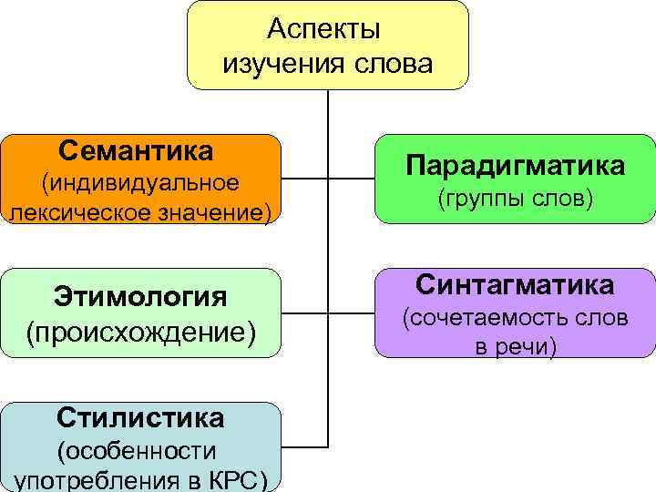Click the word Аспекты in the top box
[x=324, y=30]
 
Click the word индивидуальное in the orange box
[x=141, y=182]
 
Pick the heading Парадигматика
[x=515, y=166]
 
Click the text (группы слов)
[x=516, y=198]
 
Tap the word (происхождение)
[x=140, y=330]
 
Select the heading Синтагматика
[x=515, y=285]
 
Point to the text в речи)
[x=515, y=348]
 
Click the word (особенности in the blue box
[x=137, y=450]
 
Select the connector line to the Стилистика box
[x=304, y=447]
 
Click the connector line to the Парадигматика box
[x=352, y=179]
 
